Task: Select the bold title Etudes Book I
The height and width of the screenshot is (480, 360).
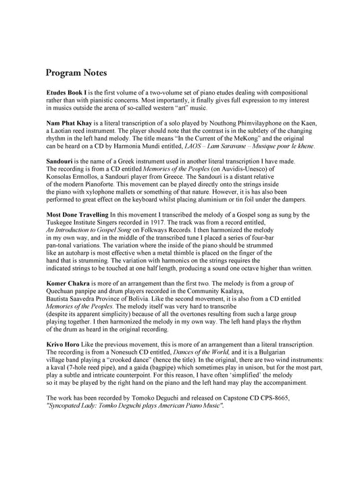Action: tap(66, 92)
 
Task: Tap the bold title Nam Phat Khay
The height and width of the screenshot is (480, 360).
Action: tap(67, 124)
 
